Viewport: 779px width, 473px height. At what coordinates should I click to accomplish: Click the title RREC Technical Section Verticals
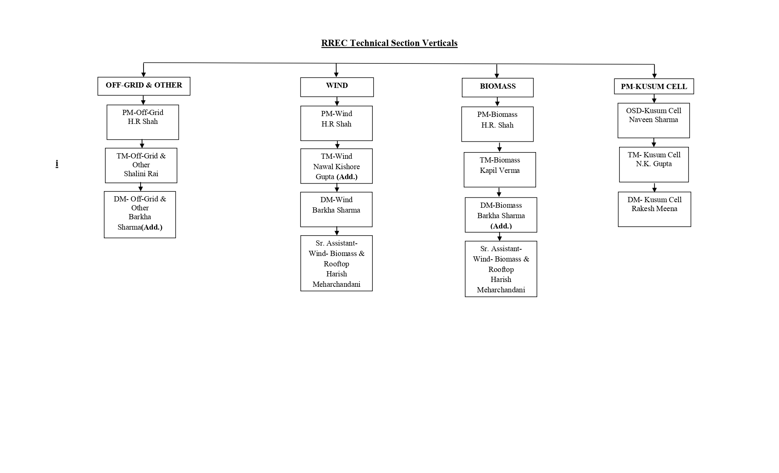tap(389, 43)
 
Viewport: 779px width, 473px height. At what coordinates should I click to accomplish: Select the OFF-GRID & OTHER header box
tap(144, 86)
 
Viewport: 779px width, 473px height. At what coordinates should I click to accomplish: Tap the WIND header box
tap(337, 87)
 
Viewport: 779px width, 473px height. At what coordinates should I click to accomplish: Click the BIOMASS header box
tap(497, 87)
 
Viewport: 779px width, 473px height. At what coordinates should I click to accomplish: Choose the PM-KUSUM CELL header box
tap(654, 86)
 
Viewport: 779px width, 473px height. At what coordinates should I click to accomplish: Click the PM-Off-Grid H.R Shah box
tap(143, 122)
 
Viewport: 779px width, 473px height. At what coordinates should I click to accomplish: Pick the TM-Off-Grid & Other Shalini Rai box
tap(141, 165)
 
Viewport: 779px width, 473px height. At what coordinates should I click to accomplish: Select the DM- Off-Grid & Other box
tap(140, 214)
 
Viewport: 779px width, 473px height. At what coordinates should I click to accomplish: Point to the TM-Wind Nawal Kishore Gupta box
tap(336, 166)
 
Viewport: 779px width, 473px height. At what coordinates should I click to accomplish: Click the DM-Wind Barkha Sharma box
tap(336, 209)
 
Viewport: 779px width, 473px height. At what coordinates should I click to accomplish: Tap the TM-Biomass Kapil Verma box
tap(500, 170)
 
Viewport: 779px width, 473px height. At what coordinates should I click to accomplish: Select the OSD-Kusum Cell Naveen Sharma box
tap(653, 120)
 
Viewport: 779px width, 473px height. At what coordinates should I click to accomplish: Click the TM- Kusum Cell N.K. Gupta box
tap(654, 164)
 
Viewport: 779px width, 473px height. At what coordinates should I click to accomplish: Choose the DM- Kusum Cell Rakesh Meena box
tap(654, 209)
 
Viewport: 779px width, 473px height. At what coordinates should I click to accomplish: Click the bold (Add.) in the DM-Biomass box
tap(501, 226)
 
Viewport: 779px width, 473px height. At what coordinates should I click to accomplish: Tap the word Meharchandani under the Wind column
tap(336, 285)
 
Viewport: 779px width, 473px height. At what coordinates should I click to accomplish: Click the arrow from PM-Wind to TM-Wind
tap(337, 145)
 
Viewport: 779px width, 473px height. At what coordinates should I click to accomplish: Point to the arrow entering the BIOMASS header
tap(497, 71)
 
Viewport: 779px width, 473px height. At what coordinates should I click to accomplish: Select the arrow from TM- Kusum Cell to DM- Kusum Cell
tap(654, 187)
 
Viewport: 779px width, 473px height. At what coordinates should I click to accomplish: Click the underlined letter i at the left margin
tap(57, 164)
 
